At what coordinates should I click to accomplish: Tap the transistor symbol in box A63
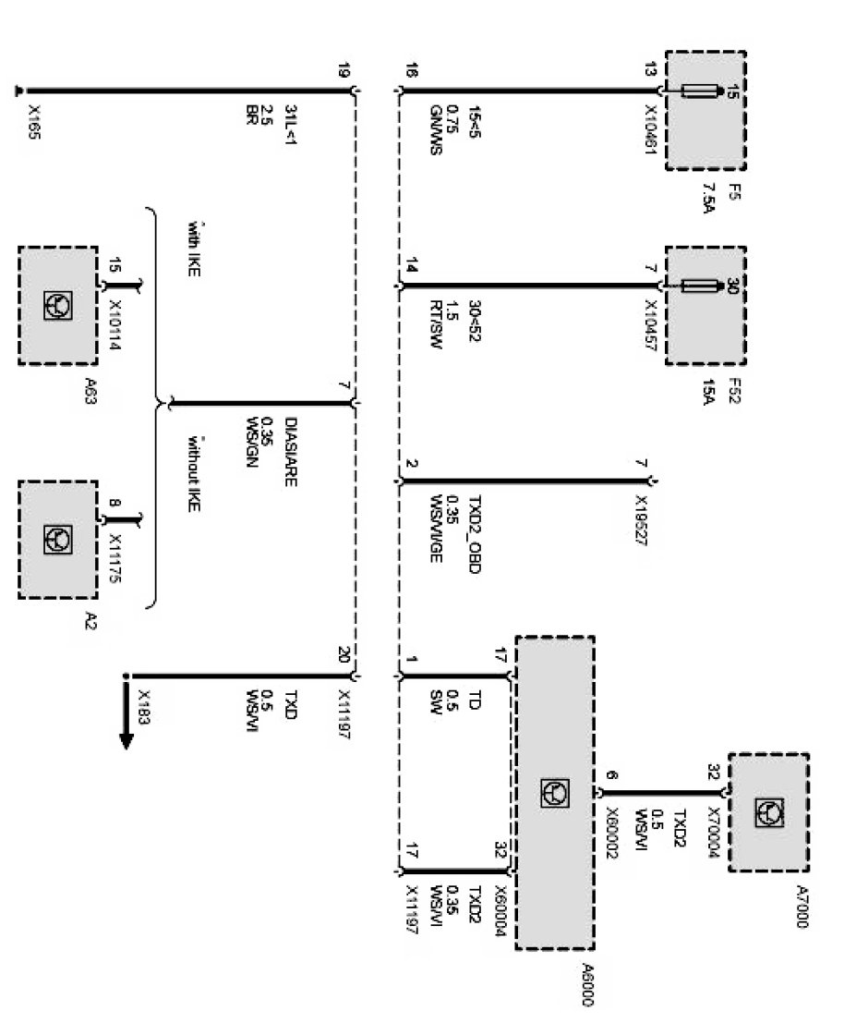click(x=56, y=304)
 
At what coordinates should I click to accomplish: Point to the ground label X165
click(x=34, y=121)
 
